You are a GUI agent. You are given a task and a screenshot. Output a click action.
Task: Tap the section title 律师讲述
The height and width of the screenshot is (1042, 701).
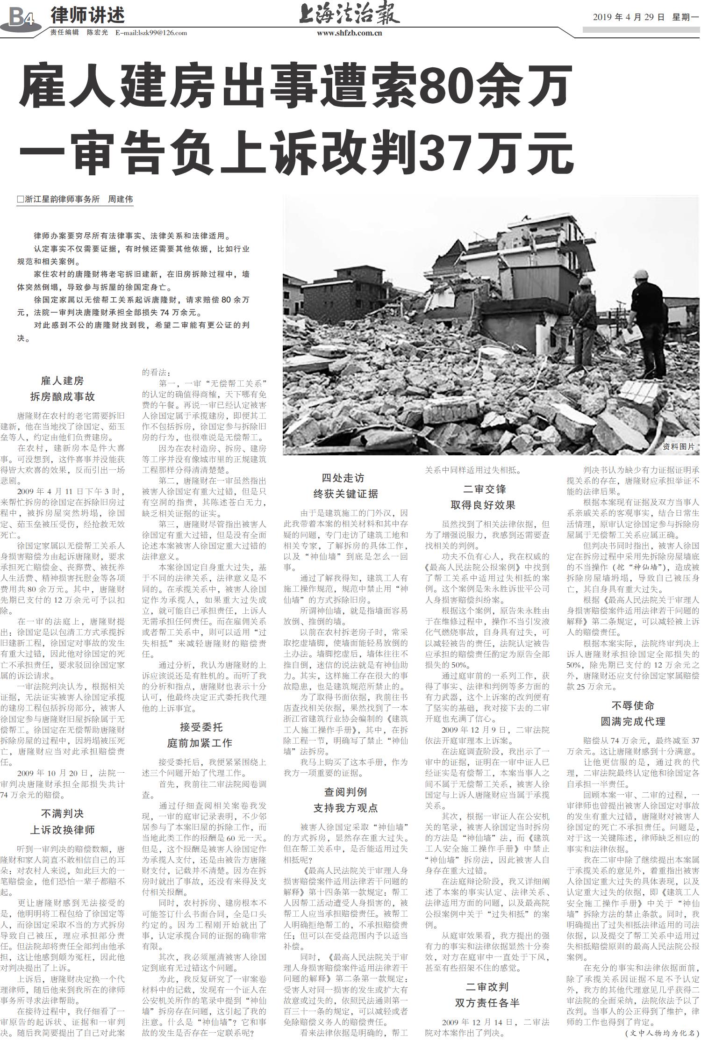87,15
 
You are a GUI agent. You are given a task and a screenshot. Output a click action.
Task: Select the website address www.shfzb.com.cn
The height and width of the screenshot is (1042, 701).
349,33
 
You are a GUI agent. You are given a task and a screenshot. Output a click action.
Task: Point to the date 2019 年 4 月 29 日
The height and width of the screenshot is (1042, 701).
629,17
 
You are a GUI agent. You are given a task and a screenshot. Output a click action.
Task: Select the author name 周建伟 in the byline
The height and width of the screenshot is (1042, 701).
120,199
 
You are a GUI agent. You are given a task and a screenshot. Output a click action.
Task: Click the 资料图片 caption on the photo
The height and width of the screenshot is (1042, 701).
678,446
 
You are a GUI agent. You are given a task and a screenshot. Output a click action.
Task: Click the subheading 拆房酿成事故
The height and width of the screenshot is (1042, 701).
62,396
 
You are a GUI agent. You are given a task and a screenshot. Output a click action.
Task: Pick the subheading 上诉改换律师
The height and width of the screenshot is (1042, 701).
62,830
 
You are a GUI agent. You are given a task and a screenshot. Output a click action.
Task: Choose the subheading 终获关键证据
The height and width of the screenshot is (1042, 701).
345,494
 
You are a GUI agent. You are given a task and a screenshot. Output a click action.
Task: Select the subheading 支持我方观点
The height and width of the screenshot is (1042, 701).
345,808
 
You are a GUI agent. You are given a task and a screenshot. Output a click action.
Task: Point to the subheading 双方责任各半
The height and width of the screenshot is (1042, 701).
487,1003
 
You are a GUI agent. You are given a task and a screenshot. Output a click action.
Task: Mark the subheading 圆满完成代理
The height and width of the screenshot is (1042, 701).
632,721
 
